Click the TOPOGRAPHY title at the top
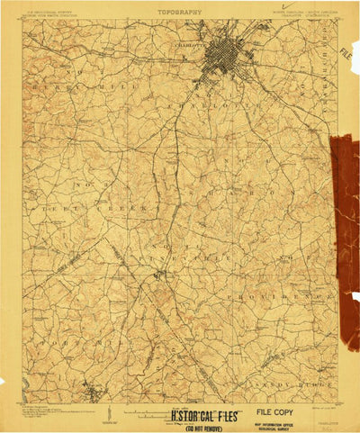[179, 13]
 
